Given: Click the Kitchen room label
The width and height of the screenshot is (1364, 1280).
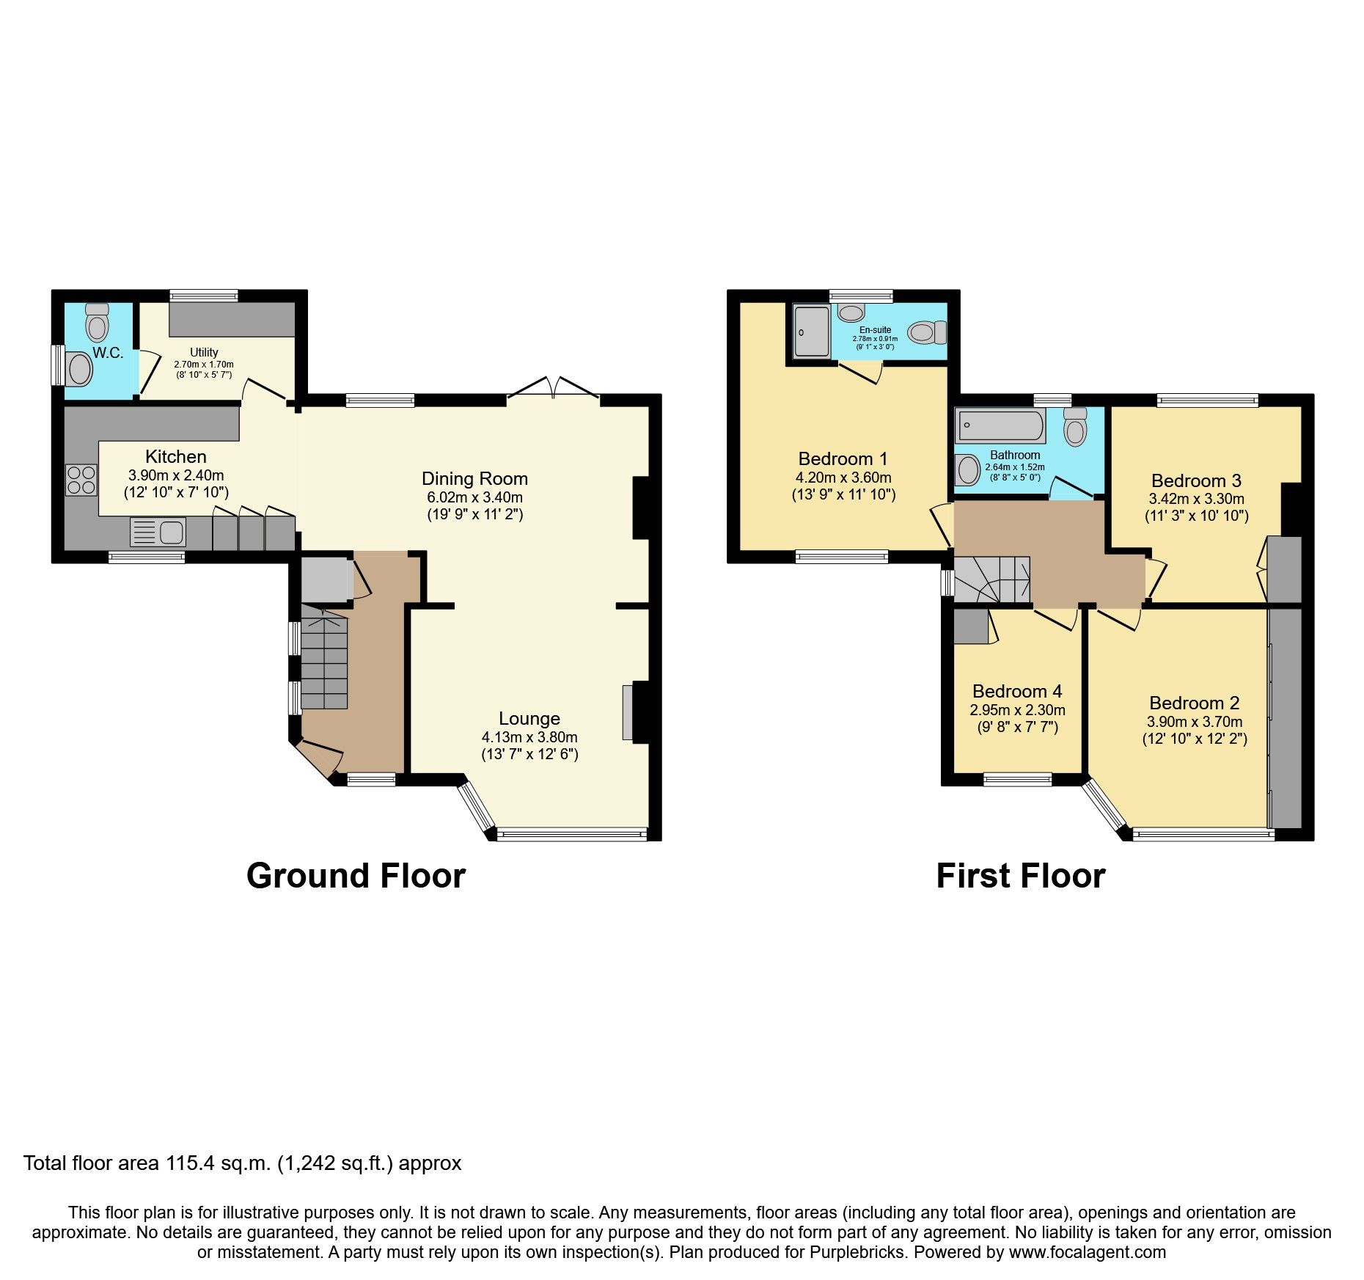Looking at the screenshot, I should click(175, 456).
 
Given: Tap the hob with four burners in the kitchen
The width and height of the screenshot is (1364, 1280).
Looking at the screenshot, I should click(81, 480).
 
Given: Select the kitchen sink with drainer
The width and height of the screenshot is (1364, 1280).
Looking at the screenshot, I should click(158, 532).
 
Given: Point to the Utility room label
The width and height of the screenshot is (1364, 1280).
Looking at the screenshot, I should click(204, 352).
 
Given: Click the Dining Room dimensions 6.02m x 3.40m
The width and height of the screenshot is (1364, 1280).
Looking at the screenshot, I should click(474, 497).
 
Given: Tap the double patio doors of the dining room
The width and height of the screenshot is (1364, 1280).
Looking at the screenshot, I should click(554, 388).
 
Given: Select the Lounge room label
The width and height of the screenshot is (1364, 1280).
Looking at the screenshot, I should click(529, 719).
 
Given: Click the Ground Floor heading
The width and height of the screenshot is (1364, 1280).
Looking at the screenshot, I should click(356, 876).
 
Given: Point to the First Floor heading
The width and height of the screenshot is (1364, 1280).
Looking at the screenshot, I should click(1020, 876).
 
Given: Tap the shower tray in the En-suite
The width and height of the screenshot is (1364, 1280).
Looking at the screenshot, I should click(812, 332).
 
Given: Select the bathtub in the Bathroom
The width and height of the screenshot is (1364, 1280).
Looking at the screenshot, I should click(1001, 425).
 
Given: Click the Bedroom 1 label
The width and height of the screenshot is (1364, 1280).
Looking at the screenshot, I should click(843, 459).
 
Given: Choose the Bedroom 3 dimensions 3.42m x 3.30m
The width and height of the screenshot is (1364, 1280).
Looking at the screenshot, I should click(1196, 499).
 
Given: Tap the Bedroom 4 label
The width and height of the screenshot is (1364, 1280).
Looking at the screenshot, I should click(1017, 691).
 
